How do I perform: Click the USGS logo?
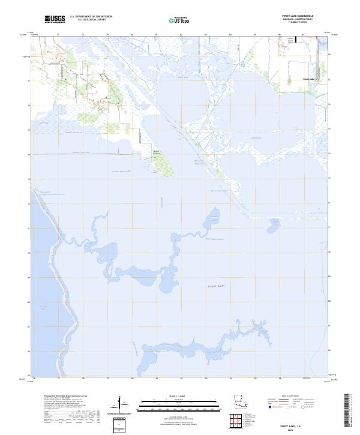[x=55, y=19]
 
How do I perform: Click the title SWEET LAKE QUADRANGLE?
[x=297, y=16]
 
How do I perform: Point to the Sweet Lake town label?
[x=308, y=79]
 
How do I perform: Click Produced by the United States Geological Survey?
[x=60, y=397]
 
